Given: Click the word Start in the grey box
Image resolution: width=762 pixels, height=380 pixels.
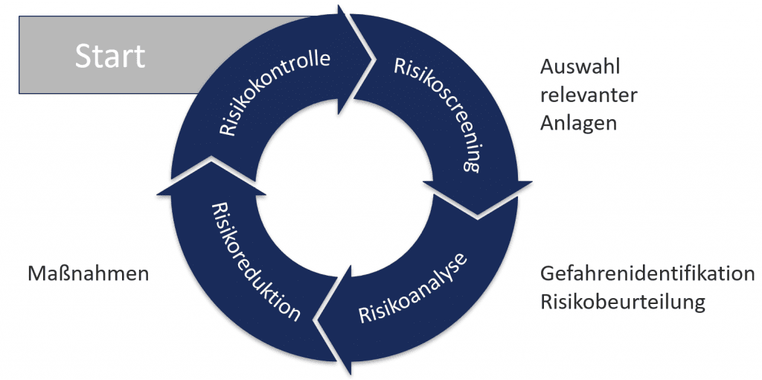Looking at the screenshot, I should (110, 56).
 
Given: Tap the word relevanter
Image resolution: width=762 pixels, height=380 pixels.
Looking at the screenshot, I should (589, 96).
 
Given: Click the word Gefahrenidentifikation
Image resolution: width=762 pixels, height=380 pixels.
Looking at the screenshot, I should (647, 273).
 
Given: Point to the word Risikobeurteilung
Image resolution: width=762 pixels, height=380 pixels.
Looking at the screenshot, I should (622, 303).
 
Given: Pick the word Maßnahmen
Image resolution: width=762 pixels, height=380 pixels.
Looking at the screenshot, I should (88, 273).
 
